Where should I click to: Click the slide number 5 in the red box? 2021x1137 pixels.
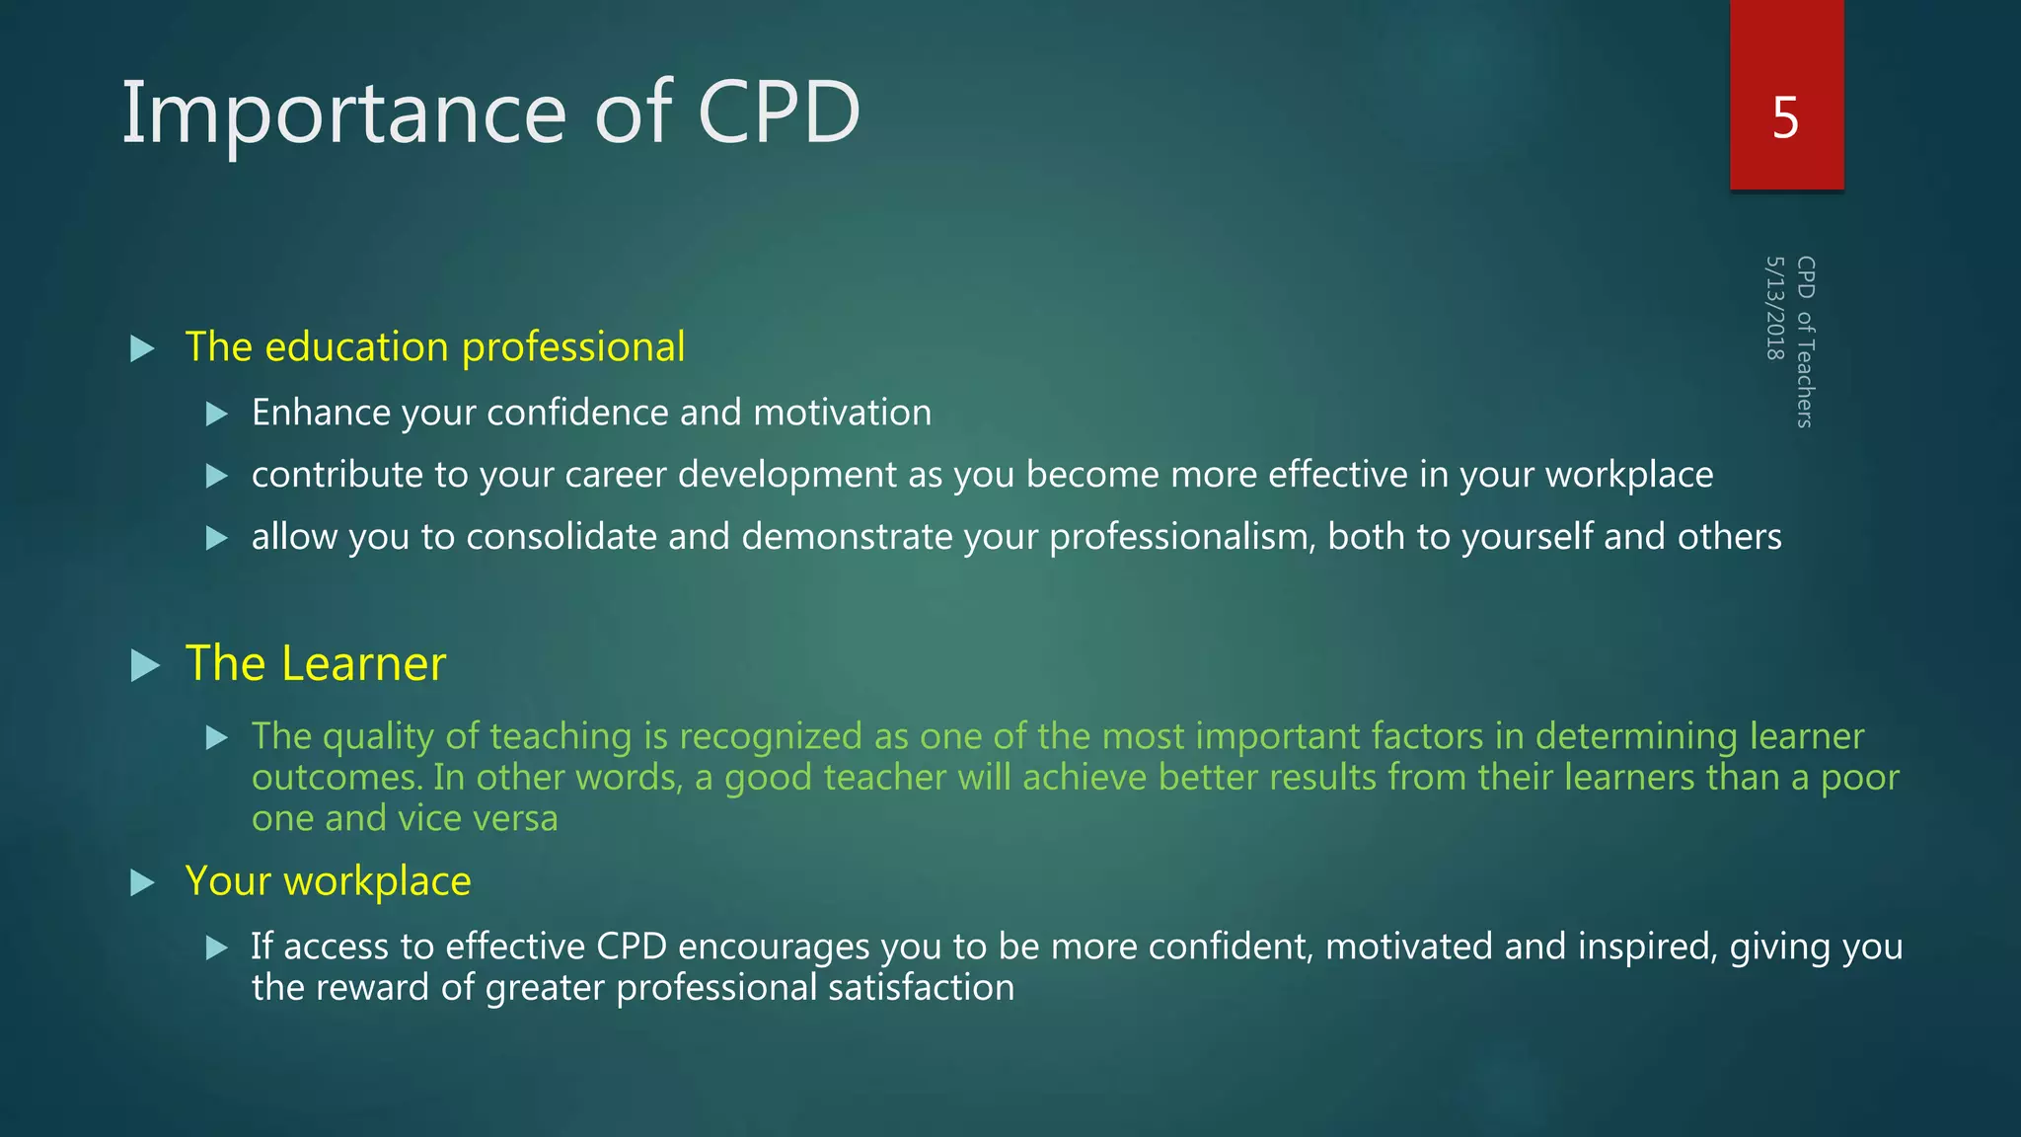[x=1785, y=118]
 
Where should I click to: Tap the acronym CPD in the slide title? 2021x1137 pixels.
[x=779, y=113]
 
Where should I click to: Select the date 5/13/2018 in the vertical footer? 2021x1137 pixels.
[x=1775, y=308]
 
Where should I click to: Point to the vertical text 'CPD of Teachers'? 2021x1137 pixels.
[x=1805, y=341]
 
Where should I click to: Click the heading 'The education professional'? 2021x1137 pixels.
[x=434, y=347]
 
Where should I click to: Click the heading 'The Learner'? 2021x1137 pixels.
[x=315, y=663]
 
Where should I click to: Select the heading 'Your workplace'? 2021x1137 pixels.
[x=328, y=880]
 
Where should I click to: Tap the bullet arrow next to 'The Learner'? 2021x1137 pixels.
[x=145, y=665]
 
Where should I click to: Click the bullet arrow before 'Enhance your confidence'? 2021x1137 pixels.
[x=217, y=414]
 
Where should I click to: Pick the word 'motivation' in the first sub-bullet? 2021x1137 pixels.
[x=842, y=413]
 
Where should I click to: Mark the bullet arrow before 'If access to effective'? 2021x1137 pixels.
[x=217, y=948]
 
